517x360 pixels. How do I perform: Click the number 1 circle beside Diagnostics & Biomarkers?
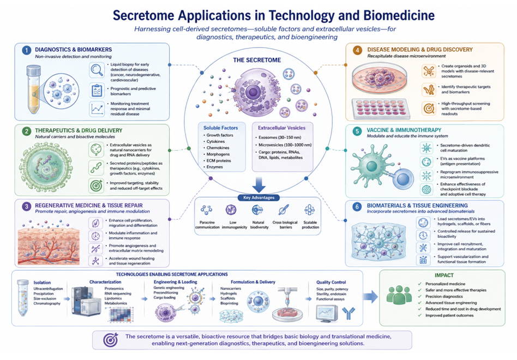tap(26, 50)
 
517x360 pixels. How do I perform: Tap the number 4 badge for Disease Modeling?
tap(357, 50)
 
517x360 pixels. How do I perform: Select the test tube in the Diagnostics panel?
tap(33, 89)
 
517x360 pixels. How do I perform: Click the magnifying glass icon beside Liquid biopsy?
tap(97, 70)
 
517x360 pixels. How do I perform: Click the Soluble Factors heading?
tap(220, 128)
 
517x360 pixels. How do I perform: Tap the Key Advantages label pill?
tap(259, 197)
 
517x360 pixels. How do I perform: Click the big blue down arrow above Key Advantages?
tap(259, 184)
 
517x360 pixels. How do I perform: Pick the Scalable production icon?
tap(310, 210)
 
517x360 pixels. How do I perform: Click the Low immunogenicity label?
tap(234, 225)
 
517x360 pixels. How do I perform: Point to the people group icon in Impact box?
tap(399, 295)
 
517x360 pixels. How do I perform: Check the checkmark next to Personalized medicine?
tap(419, 284)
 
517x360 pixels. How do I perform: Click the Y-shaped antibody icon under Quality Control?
tap(348, 313)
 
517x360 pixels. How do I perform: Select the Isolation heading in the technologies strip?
tap(42, 283)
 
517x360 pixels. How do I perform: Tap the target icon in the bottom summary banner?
tap(111, 340)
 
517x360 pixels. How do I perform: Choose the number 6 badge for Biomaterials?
tap(357, 206)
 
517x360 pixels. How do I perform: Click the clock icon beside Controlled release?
tap(423, 236)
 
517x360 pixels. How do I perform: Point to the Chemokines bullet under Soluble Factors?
tap(218, 148)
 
